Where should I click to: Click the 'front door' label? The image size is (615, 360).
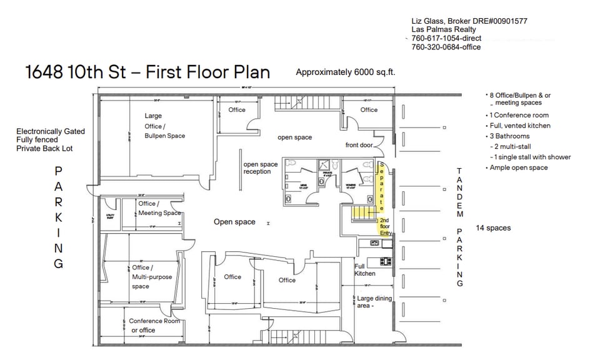[359, 145]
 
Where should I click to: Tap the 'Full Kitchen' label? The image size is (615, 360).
[365, 269]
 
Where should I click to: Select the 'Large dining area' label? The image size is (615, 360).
[374, 302]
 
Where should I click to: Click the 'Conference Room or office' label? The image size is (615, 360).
[154, 326]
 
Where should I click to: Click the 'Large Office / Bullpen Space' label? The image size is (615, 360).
[164, 126]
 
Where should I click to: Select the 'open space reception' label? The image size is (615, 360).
[261, 168]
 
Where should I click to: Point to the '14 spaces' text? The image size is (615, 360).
[493, 228]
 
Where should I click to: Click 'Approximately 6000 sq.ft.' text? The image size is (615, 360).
[345, 72]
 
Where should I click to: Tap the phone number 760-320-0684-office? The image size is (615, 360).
[446, 47]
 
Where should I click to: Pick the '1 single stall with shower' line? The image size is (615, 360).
[532, 157]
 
